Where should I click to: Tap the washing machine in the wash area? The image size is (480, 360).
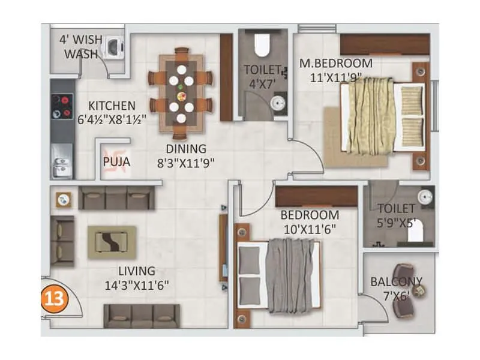click(x=113, y=47)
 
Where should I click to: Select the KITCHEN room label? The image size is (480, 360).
click(x=112, y=105)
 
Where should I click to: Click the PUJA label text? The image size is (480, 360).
click(x=116, y=161)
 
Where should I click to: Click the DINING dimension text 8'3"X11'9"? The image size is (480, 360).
click(x=186, y=161)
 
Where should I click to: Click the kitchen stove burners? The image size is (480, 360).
click(x=62, y=106)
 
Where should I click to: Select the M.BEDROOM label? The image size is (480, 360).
click(x=336, y=63)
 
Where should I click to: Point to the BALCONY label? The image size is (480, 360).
click(x=396, y=281)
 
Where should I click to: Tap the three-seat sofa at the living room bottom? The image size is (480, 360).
click(x=142, y=314)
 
